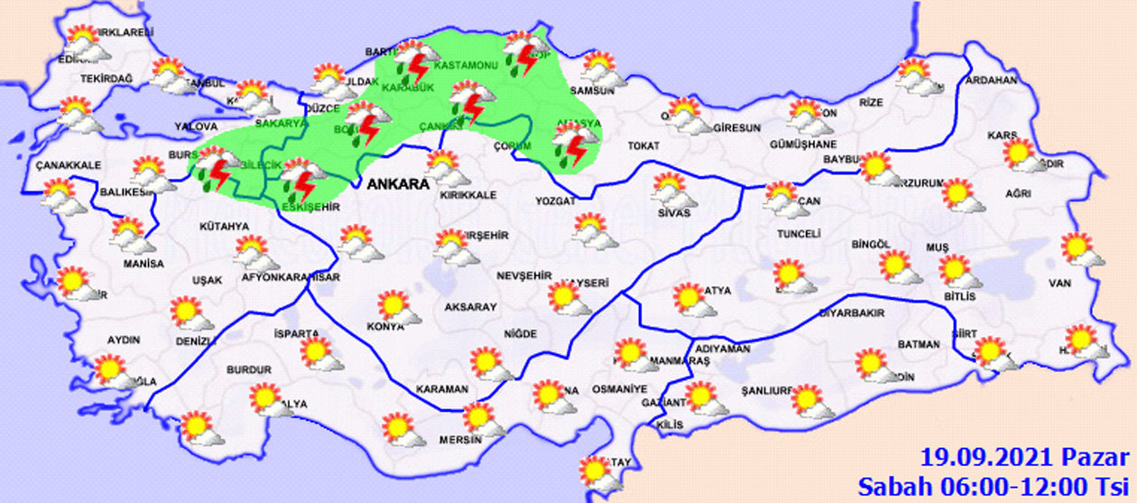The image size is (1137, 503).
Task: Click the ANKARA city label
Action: pos(397,183)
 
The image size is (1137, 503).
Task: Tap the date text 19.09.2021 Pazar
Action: pos(1022,457)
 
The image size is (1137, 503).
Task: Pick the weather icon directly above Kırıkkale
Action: pos(445,168)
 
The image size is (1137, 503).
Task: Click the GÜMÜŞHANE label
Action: pos(803,144)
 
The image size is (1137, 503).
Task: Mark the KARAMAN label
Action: pos(442,390)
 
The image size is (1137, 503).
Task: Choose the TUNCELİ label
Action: pos(799,234)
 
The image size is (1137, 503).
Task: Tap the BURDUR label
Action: pos(249,370)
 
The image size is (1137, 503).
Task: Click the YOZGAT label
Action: pos(555,201)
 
